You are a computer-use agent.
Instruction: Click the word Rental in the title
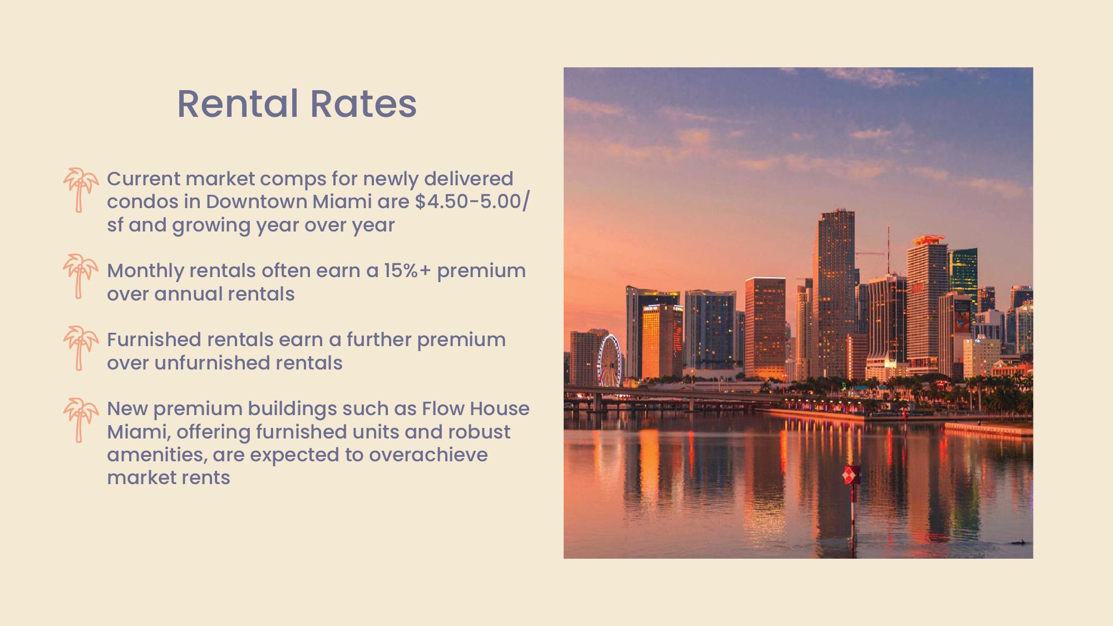point(238,104)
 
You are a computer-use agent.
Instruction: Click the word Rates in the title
point(363,104)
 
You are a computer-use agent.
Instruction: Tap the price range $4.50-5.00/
point(472,201)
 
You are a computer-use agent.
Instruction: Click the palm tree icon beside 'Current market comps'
point(80,190)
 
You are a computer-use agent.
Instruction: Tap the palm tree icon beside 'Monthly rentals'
point(80,276)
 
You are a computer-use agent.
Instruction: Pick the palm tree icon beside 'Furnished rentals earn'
point(80,348)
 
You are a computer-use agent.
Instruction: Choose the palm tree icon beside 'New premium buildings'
point(80,420)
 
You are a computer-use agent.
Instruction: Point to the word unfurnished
point(211,363)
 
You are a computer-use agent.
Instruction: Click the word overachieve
point(428,455)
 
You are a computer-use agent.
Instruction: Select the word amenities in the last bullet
point(156,455)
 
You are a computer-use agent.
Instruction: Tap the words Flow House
point(475,409)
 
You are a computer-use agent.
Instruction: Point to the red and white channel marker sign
point(851,475)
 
